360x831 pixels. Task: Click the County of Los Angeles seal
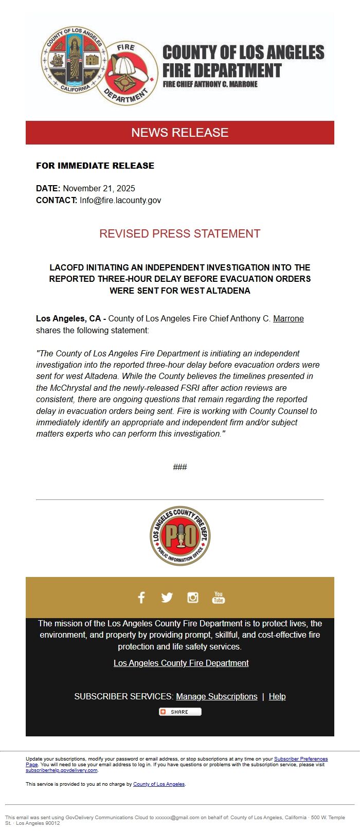pyautogui.click(x=74, y=61)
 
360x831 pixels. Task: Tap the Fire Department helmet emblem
pyautogui.click(x=131, y=73)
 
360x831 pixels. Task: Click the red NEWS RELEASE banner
pyautogui.click(x=180, y=133)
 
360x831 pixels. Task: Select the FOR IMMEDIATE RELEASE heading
pyautogui.click(x=95, y=166)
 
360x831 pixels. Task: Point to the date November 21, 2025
pyautogui.click(x=99, y=188)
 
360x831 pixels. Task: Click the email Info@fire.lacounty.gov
pyautogui.click(x=120, y=200)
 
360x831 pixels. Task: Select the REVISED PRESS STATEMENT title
pyautogui.click(x=180, y=233)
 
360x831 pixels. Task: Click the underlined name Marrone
pyautogui.click(x=288, y=319)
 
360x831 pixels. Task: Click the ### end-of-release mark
pyautogui.click(x=180, y=467)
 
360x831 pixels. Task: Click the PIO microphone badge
pyautogui.click(x=180, y=535)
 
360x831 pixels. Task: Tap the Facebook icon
pyautogui.click(x=141, y=597)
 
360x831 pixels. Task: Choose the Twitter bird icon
pyautogui.click(x=167, y=597)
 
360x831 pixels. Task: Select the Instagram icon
pyautogui.click(x=193, y=597)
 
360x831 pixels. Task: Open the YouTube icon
pyautogui.click(x=219, y=597)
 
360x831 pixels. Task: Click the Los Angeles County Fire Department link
pyautogui.click(x=181, y=663)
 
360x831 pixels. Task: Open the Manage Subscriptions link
pyautogui.click(x=217, y=696)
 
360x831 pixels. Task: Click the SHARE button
pyautogui.click(x=180, y=712)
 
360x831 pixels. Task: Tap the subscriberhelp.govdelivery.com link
pyautogui.click(x=61, y=770)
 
